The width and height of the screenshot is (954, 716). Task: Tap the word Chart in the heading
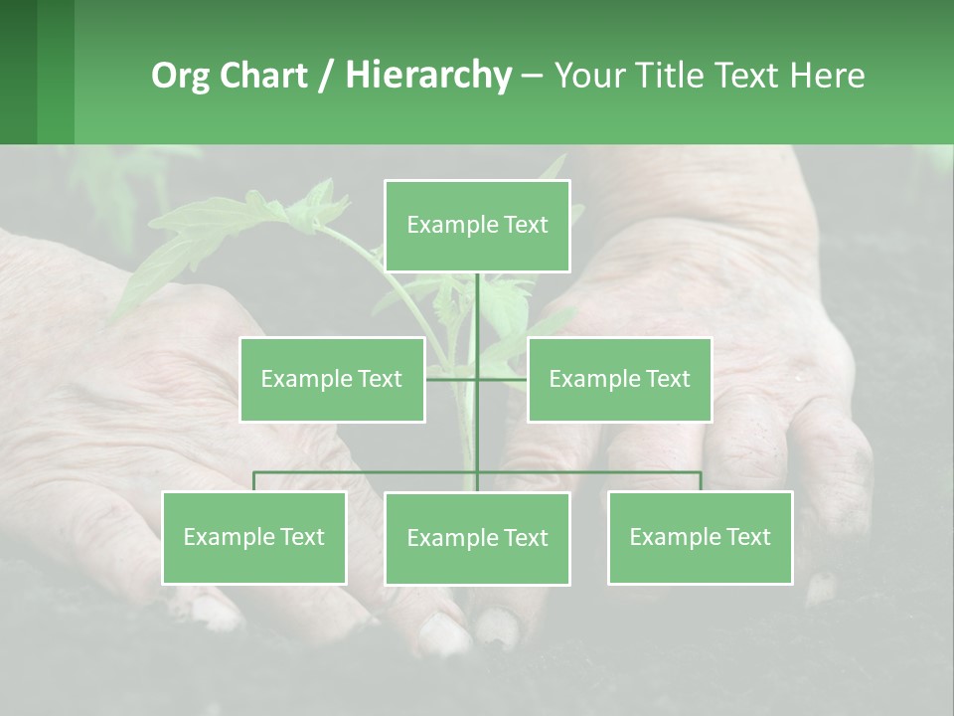(258, 76)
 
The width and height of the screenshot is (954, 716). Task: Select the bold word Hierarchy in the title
(428, 76)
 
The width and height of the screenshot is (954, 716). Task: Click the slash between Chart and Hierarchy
(326, 77)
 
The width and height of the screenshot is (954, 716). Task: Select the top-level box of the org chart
(477, 226)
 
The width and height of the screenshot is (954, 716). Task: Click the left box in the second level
(332, 379)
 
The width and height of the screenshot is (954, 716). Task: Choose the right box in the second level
(619, 379)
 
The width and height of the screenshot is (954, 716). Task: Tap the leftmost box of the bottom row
(254, 537)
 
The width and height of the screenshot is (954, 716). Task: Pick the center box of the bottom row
(477, 538)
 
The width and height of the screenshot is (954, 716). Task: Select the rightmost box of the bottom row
(700, 537)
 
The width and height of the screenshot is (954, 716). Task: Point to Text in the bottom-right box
(746, 537)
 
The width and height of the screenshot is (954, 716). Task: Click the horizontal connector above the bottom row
(368, 472)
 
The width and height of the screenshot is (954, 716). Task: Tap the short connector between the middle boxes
(453, 378)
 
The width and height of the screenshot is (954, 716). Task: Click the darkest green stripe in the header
(18, 72)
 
